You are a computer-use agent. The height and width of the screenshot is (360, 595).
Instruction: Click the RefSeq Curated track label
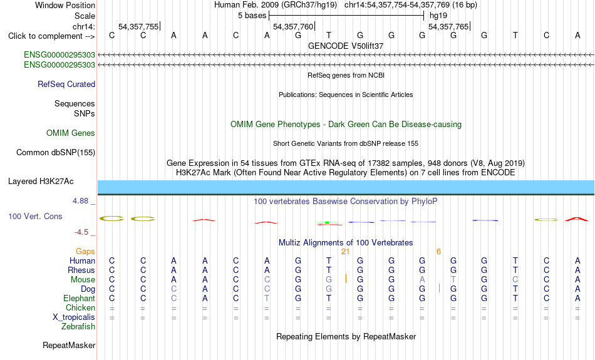pos(66,85)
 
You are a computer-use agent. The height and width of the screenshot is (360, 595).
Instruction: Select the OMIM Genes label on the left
pos(71,133)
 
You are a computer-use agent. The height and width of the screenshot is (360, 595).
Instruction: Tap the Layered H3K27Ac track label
pos(41,182)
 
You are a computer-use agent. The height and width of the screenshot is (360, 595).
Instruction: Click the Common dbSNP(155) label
pos(56,153)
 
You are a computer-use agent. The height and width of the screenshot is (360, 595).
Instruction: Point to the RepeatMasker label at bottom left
pos(69,345)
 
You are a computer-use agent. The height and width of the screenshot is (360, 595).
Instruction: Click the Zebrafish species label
pos(78,327)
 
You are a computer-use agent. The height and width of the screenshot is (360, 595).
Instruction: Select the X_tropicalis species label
pos(74,317)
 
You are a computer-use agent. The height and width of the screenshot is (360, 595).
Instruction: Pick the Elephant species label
pos(80,299)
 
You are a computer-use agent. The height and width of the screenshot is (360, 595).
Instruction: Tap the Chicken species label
pos(80,307)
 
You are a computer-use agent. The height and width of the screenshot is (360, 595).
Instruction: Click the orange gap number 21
pos(345,252)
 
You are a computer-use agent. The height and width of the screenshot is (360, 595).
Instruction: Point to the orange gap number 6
pos(438,252)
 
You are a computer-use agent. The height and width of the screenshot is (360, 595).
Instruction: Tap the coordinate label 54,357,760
pos(293,26)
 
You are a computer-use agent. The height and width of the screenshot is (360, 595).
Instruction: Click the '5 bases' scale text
pos(252,16)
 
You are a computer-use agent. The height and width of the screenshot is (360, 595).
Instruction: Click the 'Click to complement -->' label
pos(51,36)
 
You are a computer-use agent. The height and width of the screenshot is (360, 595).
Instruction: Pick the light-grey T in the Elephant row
pos(267,299)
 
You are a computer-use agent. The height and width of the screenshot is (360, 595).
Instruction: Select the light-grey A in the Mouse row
pos(422,280)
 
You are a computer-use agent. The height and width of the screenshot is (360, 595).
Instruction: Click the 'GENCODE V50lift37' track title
pos(346,46)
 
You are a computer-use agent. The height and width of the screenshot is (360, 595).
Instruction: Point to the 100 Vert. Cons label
pos(35,216)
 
